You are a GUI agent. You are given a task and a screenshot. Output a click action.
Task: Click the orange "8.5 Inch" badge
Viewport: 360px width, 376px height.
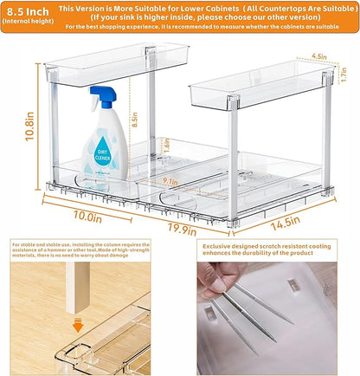coord(29,10)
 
